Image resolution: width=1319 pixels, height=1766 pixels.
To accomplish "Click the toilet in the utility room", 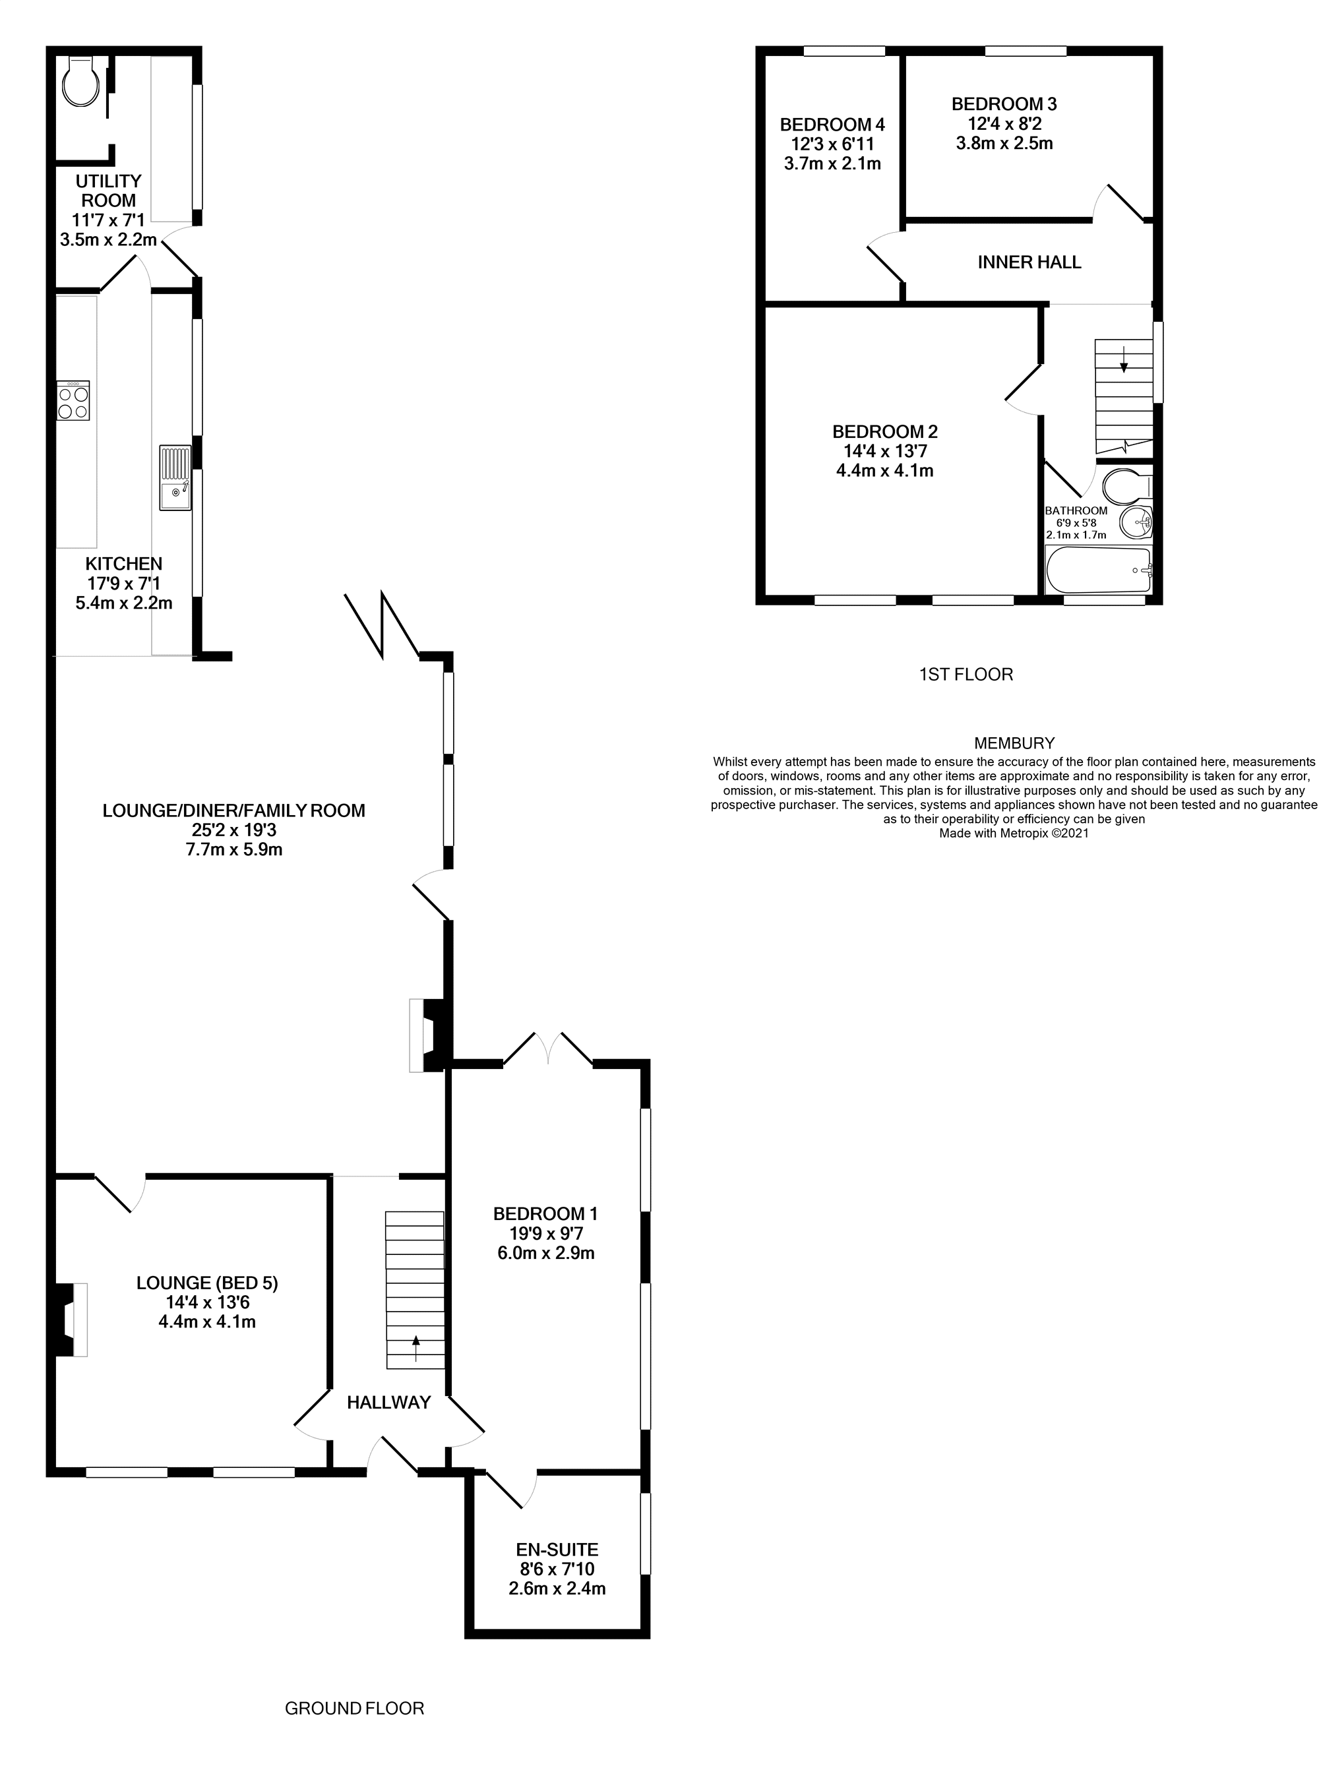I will (82, 83).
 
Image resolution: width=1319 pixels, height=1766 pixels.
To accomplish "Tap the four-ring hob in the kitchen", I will (73, 401).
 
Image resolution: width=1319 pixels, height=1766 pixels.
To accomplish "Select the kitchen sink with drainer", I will (175, 477).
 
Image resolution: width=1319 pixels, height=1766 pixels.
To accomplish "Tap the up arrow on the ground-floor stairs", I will (415, 1349).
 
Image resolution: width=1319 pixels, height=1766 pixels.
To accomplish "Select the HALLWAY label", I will (389, 1403).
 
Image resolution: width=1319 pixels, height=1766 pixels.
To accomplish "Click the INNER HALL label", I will (1029, 262).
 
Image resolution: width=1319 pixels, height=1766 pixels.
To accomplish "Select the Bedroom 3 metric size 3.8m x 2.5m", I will (1004, 144).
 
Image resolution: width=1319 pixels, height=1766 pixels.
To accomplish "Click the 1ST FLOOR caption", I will (966, 675).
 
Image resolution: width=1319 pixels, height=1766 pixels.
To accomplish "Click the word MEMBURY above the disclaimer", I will (1014, 743).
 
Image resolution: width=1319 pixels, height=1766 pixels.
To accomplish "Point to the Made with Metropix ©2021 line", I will (1014, 834).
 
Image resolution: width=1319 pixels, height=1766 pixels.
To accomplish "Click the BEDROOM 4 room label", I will (832, 125).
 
